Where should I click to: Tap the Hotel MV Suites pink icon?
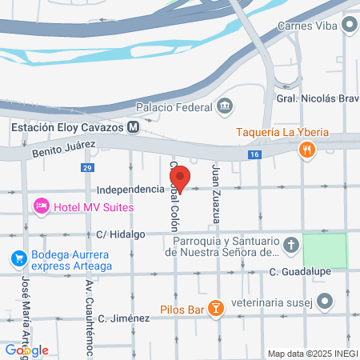point(41,207)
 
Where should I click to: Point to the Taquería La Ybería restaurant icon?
point(305,149)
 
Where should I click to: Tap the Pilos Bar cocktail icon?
point(215,308)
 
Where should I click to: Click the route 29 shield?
point(86,167)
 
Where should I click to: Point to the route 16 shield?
point(255,154)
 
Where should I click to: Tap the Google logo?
point(26,350)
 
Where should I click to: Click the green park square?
point(325,250)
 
